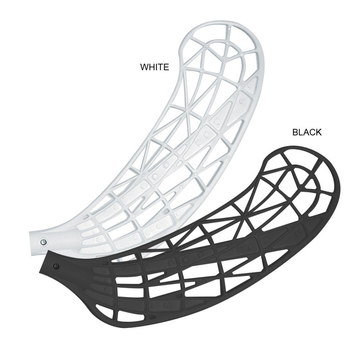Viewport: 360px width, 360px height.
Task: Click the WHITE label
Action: pos(154,67)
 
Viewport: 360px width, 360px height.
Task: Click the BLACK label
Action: pos(307,132)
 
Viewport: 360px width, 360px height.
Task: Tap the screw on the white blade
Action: pos(43,242)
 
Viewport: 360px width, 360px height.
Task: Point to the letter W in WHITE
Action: pos(144,67)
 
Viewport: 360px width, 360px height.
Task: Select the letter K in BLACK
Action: pos(319,132)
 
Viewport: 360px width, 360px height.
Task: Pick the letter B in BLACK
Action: pos(295,132)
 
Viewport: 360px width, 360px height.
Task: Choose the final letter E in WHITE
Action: pos(166,67)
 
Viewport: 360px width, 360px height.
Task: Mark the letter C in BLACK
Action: pos(312,132)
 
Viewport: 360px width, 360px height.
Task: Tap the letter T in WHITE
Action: pos(161,67)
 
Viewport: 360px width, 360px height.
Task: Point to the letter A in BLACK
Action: pos(306,132)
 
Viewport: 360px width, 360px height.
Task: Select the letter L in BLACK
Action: pos(300,132)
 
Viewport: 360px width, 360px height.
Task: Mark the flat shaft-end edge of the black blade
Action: pos(43,262)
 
